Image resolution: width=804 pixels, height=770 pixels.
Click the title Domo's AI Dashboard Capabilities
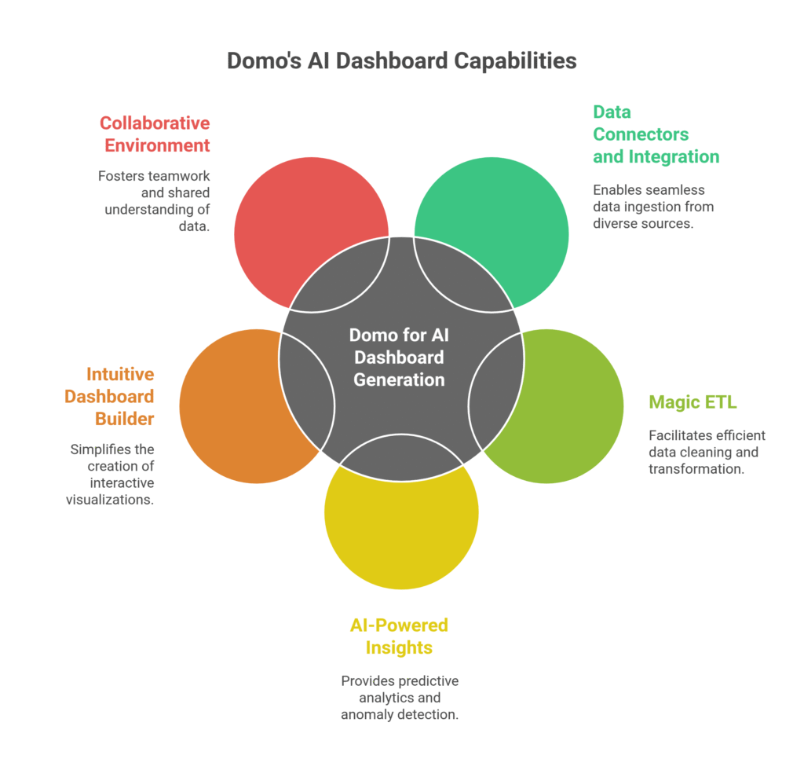(401, 60)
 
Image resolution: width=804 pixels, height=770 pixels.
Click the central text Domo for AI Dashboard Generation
(399, 357)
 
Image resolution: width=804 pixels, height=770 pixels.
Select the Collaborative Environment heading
(155, 134)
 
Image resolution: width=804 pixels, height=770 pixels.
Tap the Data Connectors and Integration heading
(656, 134)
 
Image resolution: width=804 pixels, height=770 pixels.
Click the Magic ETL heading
(693, 402)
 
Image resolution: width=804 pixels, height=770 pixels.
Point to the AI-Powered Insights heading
(399, 636)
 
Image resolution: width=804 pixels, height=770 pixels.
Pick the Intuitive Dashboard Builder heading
(109, 396)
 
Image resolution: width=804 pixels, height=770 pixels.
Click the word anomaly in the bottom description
(368, 715)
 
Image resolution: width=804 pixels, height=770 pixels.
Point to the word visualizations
(110, 500)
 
